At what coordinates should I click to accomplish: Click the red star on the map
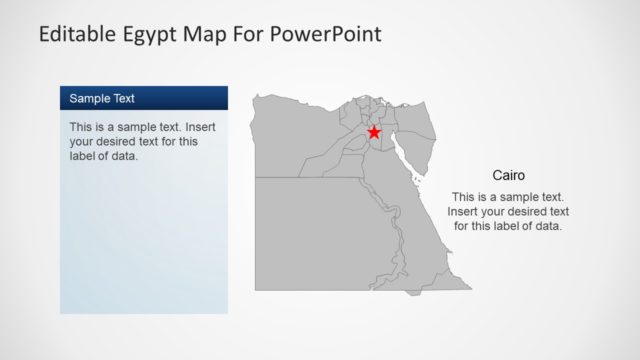[374, 132]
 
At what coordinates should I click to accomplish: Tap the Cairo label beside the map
[509, 175]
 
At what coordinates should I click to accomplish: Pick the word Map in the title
[208, 35]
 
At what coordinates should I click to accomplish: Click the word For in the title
[250, 35]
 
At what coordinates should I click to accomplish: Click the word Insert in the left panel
[196, 128]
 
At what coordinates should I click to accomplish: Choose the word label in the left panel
[84, 156]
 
